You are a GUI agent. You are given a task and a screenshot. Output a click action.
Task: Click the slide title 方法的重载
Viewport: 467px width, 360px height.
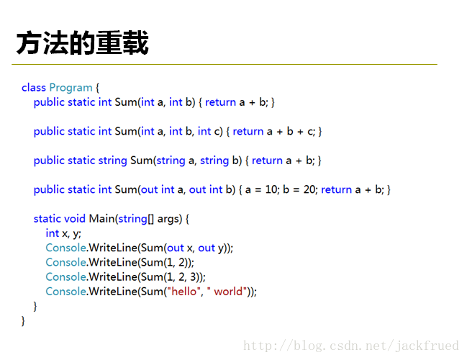(83, 43)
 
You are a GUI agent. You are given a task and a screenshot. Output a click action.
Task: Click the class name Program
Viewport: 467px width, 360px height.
(71, 88)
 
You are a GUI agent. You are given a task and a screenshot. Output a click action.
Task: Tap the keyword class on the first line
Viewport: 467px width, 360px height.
(34, 88)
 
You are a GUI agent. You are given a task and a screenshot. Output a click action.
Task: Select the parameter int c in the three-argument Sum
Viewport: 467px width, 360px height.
(210, 132)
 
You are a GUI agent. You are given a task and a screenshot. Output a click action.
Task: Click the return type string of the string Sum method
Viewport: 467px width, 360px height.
(112, 161)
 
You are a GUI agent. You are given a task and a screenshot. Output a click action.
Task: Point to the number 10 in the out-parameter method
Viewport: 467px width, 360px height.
(271, 189)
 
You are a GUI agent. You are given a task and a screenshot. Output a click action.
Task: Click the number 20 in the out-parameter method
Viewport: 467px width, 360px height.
(310, 189)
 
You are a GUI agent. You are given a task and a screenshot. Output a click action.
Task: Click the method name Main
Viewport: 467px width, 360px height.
(101, 219)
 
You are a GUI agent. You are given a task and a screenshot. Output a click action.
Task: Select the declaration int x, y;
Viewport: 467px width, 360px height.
(63, 233)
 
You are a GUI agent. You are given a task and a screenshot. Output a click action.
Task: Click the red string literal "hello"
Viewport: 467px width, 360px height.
(184, 292)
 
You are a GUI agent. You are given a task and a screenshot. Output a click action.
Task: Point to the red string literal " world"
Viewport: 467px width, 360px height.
(227, 292)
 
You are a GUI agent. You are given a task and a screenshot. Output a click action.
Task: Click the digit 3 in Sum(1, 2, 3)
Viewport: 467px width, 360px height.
(193, 277)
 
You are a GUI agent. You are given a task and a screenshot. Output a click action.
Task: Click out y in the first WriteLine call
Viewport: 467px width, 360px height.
(211, 248)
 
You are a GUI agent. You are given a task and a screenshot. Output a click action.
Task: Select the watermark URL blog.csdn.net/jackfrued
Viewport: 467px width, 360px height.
(351, 346)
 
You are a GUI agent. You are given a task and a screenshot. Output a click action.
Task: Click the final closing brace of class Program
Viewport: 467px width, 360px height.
(23, 321)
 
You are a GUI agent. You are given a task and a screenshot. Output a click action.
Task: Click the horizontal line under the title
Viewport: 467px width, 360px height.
(225, 64)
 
